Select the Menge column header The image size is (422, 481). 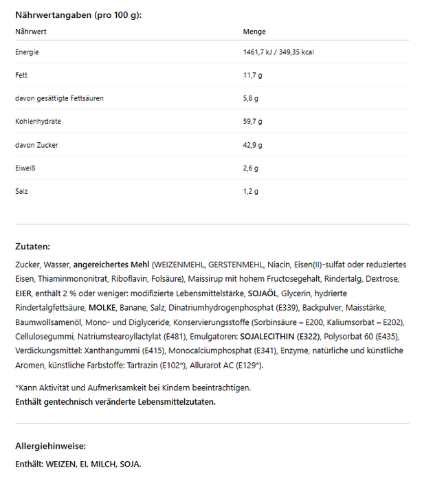point(254,32)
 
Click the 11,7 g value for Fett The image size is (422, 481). point(251,75)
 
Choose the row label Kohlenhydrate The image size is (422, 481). point(38,122)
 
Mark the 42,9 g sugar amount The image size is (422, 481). point(252,145)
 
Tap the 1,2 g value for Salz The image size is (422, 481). point(250,191)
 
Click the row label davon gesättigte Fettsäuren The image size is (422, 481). point(59,98)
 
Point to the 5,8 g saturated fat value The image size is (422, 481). point(250,98)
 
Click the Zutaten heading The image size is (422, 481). point(32,246)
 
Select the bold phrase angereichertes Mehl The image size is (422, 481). point(111,265)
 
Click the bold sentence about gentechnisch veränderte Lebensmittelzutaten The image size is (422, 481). point(115,401)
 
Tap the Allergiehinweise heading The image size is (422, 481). point(51,446)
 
